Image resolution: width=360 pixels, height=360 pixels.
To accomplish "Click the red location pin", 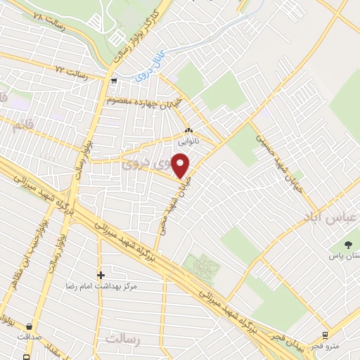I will click(181, 165).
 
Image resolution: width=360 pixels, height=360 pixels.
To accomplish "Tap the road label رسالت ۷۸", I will click(43, 18).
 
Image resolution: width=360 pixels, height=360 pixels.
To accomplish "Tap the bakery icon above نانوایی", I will click(188, 130).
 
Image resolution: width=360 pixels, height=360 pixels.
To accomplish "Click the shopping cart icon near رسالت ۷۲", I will click(113, 81).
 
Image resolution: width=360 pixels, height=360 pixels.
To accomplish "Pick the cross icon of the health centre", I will click(101, 274).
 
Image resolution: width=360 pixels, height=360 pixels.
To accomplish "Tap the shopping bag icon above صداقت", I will click(29, 326).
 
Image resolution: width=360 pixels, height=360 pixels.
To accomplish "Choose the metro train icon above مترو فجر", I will click(324, 335).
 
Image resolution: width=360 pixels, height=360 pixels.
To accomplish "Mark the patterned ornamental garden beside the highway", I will click(202, 266).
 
